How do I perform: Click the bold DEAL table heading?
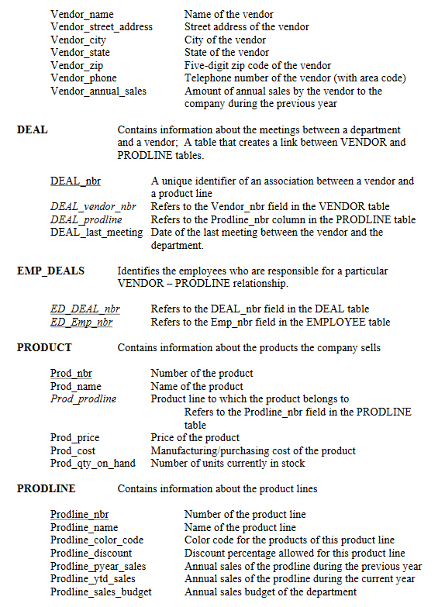pos(33,130)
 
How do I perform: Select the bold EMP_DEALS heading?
pos(51,271)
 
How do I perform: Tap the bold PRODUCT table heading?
pos(44,347)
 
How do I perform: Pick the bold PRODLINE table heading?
pos(47,488)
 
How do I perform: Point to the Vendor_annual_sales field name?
pos(98,91)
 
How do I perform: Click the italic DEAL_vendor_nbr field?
pos(93,207)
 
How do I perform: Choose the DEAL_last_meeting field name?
pos(97,233)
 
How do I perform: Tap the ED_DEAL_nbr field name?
pos(85,309)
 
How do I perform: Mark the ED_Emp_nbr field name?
pos(81,322)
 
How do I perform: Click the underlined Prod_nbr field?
pos(71,374)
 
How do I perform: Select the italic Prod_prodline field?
pos(83,399)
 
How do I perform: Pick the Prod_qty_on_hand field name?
pos(92,464)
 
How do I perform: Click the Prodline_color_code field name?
pos(97,540)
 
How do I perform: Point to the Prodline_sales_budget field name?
pos(101,592)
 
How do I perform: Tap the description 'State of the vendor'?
pos(227,53)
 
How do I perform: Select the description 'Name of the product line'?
pos(240,527)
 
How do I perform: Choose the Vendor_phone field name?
pos(84,78)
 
